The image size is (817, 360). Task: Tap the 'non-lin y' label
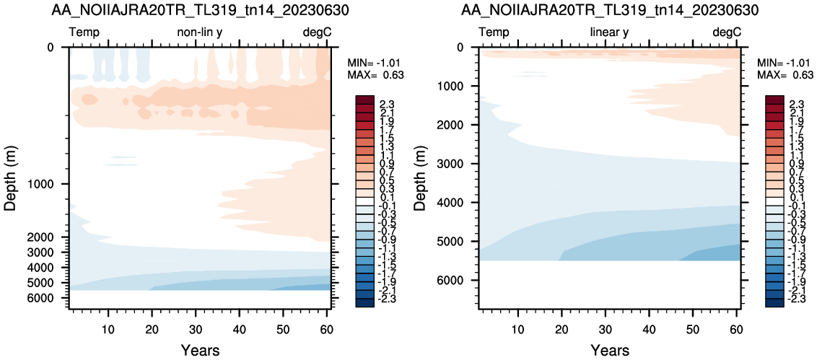click(x=200, y=32)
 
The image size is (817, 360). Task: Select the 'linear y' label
click(x=609, y=32)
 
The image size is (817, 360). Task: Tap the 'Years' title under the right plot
click(x=609, y=350)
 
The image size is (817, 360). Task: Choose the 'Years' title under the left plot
click(x=200, y=350)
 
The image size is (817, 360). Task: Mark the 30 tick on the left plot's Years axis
click(x=196, y=329)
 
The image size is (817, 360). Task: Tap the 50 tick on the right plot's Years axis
click(x=692, y=329)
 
